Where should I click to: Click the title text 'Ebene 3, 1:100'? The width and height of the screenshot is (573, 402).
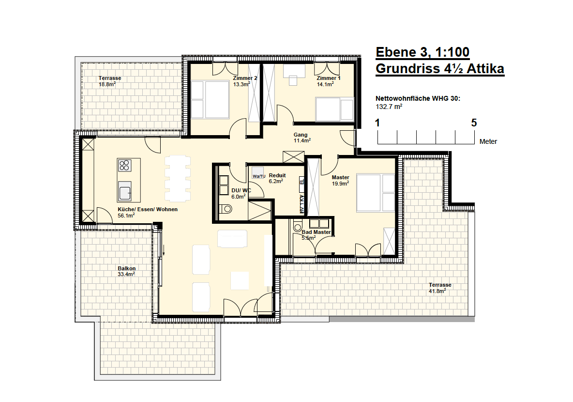coord(422,52)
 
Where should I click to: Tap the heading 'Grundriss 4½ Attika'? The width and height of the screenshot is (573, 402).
coord(440,69)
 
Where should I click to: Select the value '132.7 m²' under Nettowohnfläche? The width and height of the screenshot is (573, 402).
coord(389,107)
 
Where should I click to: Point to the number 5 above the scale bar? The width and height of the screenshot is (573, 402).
coord(474,123)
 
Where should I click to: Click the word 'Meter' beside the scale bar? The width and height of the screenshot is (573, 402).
coord(488,141)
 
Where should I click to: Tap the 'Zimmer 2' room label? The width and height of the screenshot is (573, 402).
coord(245,78)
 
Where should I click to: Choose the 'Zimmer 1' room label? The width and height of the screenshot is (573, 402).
coord(329,78)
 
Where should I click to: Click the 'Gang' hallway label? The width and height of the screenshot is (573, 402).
coord(301,135)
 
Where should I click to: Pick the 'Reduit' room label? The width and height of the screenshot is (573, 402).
coord(277,175)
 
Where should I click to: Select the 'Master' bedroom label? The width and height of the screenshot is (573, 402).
coord(341,177)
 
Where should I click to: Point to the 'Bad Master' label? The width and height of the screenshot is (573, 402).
coord(316,232)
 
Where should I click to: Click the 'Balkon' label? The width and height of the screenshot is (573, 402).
coord(126,268)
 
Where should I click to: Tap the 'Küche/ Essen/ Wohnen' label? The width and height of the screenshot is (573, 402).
coord(148,209)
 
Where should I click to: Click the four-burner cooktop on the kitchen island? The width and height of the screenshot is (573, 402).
coord(124,166)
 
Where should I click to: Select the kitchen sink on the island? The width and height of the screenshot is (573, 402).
coord(125,191)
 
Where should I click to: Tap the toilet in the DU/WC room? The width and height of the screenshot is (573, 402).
coord(226,209)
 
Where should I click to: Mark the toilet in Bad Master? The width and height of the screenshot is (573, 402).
coord(298,226)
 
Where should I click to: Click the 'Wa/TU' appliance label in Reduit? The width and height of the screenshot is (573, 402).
coord(259,176)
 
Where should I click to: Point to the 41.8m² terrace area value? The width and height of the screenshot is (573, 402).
coord(437,291)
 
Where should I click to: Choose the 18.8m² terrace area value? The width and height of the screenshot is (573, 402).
coord(107,84)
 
